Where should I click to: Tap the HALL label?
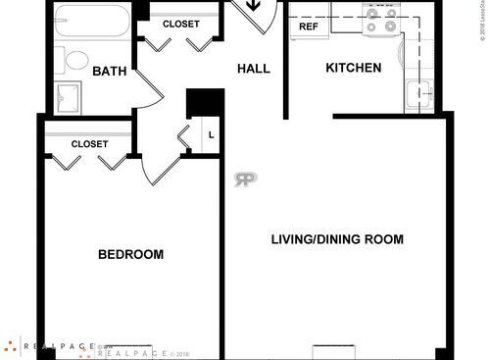coord(254,69)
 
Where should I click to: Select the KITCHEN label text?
coord(353,68)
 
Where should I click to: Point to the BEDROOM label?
coord(130,255)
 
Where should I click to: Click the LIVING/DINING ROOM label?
coord(337,239)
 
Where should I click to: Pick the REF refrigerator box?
coord(309,26)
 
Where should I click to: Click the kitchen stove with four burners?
coord(381,20)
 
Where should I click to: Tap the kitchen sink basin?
coord(419,95)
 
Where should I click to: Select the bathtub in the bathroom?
coord(91,23)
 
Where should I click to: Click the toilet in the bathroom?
coord(74,59)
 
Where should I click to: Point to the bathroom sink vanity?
coord(69,97)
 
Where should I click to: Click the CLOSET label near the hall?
coord(180,24)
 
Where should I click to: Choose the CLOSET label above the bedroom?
coord(89,144)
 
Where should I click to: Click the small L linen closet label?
coord(212,134)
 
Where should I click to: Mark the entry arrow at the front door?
coord(254,6)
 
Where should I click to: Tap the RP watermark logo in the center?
coord(245,180)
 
